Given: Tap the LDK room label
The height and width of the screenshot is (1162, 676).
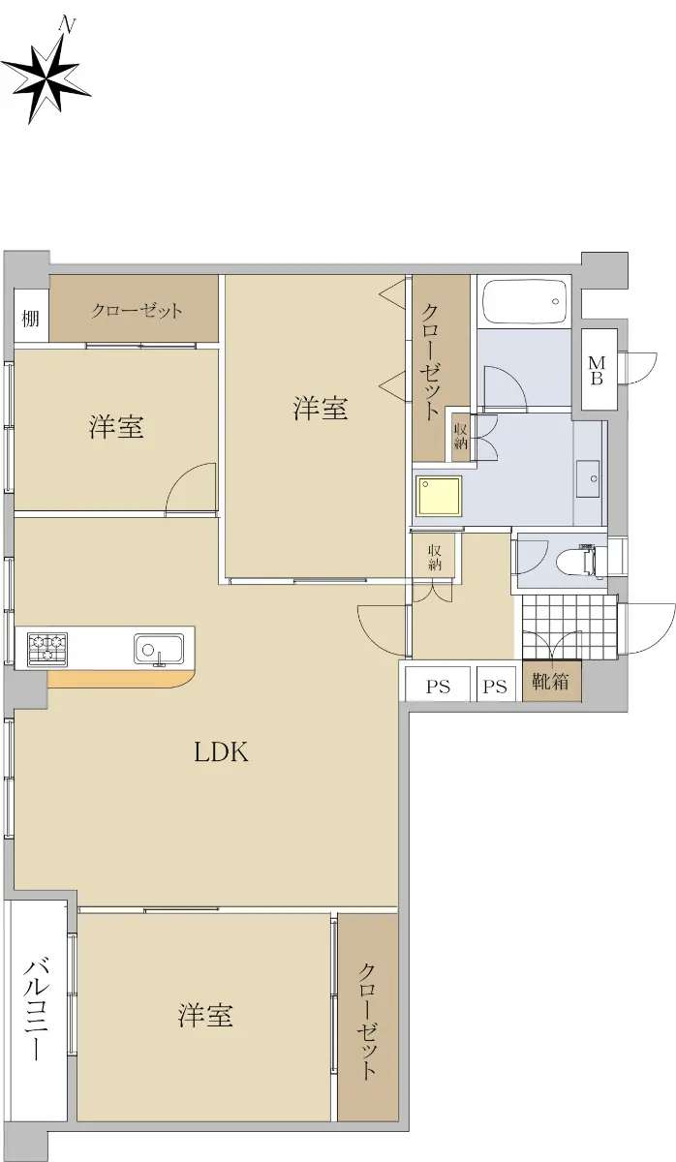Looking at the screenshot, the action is click(x=222, y=751).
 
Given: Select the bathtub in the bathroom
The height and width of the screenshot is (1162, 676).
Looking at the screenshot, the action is click(x=525, y=301).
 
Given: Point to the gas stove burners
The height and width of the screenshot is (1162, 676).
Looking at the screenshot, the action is click(x=47, y=649).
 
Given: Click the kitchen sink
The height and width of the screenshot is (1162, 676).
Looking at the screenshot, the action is click(x=158, y=649).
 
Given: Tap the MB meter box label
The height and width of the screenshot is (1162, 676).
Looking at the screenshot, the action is click(x=598, y=370).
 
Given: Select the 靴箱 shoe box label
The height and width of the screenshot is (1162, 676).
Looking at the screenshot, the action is click(x=551, y=681).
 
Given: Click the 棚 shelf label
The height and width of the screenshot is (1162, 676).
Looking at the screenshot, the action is click(x=30, y=318).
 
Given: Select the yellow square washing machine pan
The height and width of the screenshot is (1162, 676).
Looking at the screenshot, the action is click(x=440, y=496).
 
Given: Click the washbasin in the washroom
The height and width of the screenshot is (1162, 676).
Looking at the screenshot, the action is click(x=588, y=478).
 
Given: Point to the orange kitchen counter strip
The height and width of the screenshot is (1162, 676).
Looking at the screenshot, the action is click(x=121, y=680).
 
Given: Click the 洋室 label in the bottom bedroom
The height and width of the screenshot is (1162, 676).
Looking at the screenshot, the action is click(x=205, y=1015).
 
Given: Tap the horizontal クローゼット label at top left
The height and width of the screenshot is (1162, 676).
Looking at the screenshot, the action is click(x=137, y=311).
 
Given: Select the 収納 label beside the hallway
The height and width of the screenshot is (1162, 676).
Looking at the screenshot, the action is click(x=434, y=557).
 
